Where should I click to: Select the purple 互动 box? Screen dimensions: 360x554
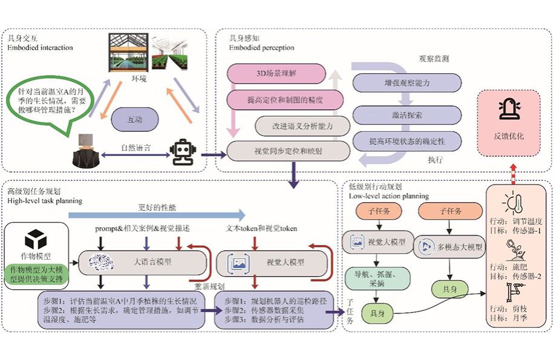pyautogui.click(x=135, y=120)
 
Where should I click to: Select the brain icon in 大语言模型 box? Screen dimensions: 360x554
pyautogui.click(x=100, y=261)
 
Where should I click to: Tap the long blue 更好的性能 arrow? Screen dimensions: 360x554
pyautogui.click(x=157, y=214)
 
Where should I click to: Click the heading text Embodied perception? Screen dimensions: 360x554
pyautogui.click(x=261, y=48)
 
